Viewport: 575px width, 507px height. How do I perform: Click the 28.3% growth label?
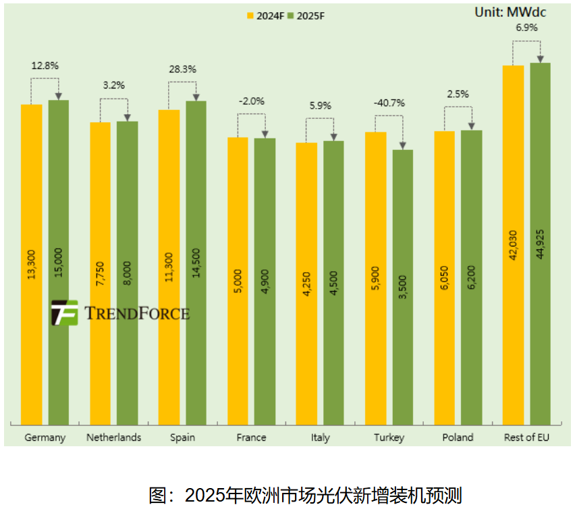[182, 69]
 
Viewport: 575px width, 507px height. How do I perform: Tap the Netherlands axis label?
[113, 437]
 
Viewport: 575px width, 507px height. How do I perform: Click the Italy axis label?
[320, 437]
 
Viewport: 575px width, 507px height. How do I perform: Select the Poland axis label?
[458, 437]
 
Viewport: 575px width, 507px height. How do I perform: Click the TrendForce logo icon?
[65, 313]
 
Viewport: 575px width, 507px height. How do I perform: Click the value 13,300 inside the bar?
[32, 264]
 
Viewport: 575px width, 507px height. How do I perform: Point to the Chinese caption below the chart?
[305, 495]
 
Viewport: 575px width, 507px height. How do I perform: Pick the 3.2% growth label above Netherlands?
[113, 86]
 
